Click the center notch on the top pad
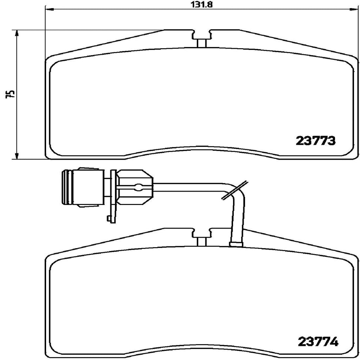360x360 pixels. [x=201, y=38]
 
